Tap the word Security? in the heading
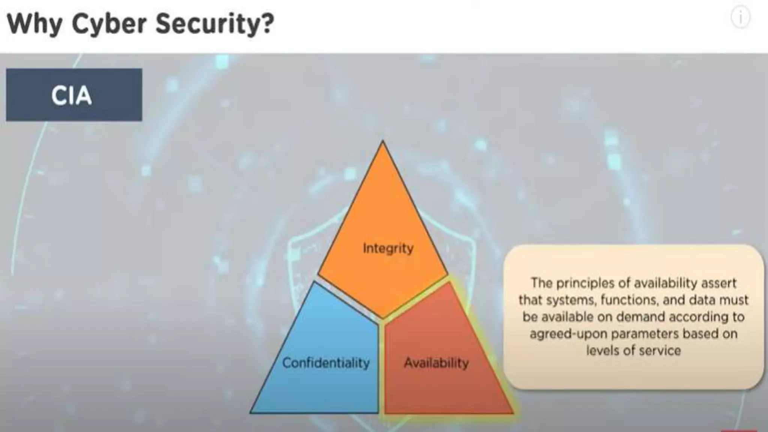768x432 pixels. tap(214, 24)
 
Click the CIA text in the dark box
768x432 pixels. tap(72, 95)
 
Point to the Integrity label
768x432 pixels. tap(388, 248)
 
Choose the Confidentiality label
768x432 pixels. tap(326, 363)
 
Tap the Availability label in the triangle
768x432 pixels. tap(436, 363)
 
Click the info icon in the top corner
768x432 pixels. tap(740, 18)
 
